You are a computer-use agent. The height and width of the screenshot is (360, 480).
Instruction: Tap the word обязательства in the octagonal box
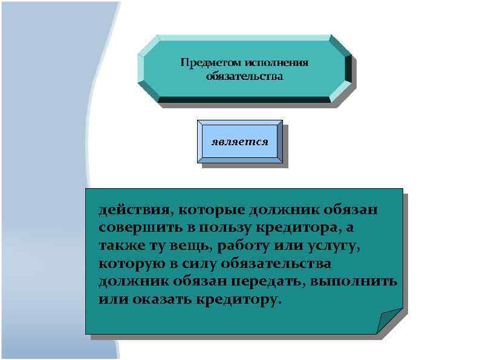pos(244,77)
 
